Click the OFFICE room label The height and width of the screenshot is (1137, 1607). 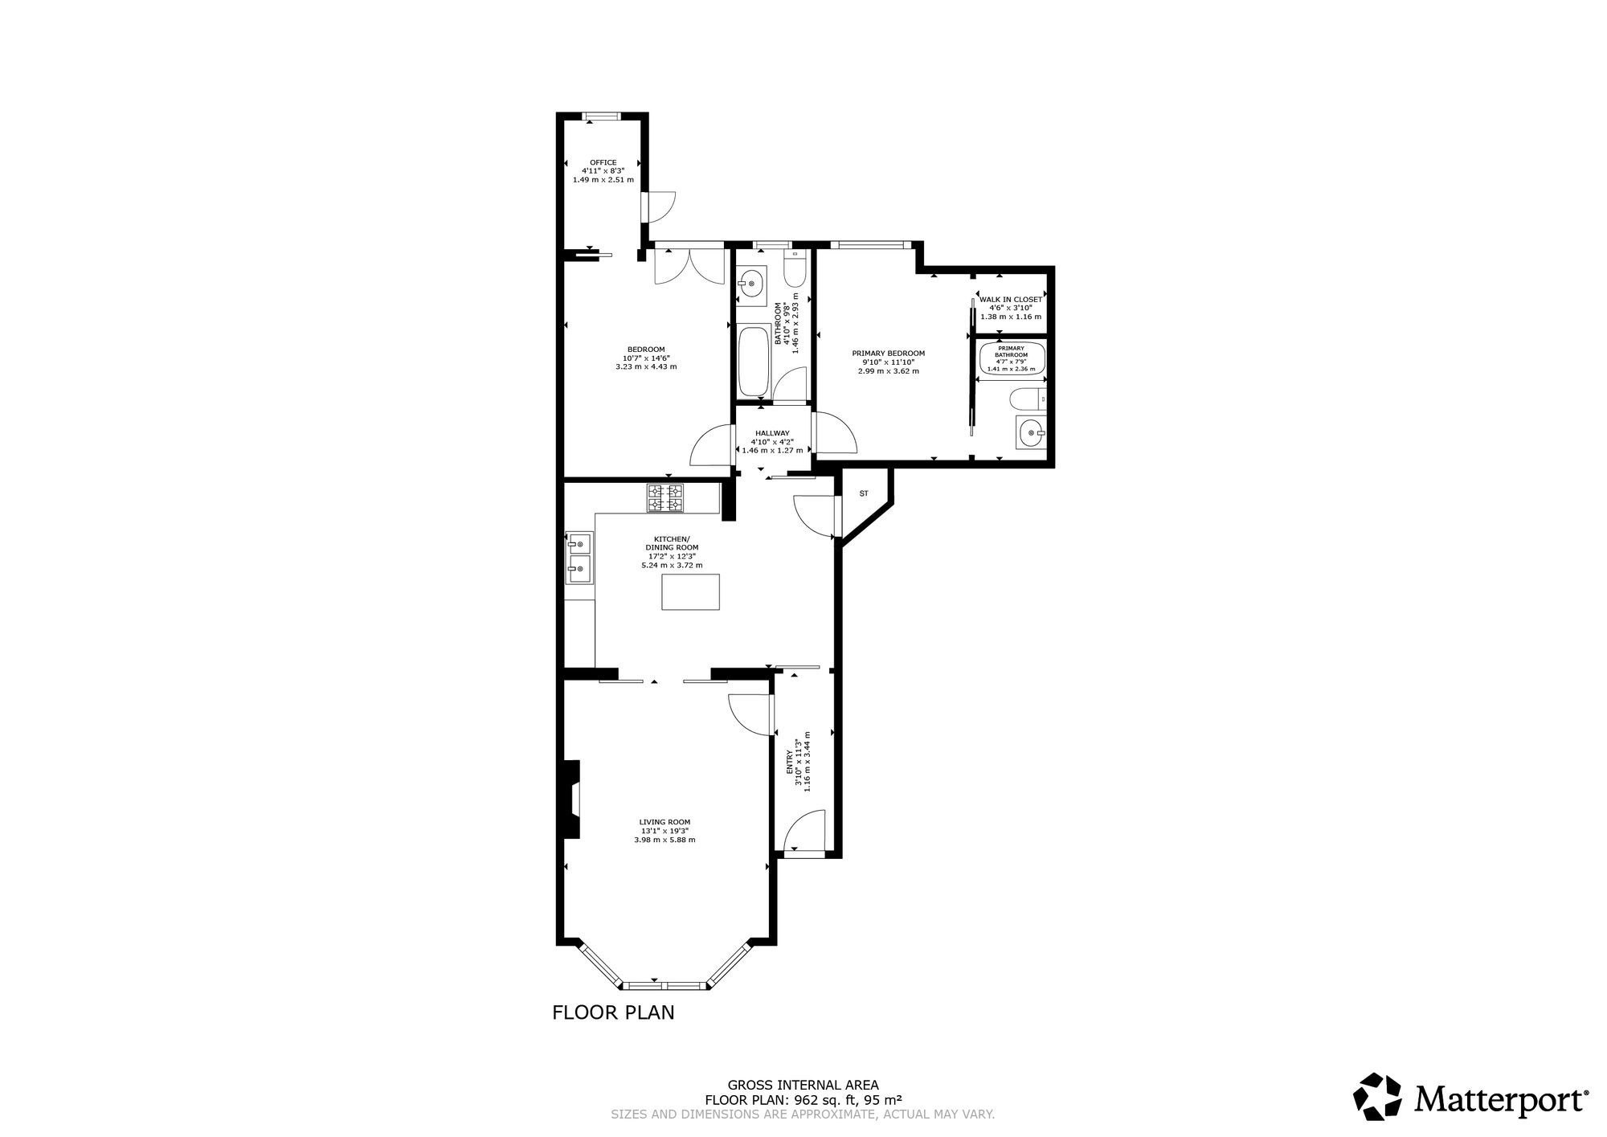click(x=603, y=162)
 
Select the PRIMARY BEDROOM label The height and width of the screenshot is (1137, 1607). click(x=889, y=353)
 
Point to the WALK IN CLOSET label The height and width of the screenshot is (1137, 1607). click(x=1011, y=299)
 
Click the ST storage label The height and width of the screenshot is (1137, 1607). click(x=865, y=493)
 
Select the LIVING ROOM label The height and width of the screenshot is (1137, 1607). click(x=664, y=822)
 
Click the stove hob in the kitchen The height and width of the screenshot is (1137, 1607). click(x=665, y=498)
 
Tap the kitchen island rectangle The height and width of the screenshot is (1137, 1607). click(x=691, y=592)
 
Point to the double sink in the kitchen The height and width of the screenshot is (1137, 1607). click(x=579, y=558)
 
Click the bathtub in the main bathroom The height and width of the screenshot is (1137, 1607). click(x=753, y=362)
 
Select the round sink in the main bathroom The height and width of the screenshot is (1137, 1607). click(x=751, y=283)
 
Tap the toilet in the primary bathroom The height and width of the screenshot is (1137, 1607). click(x=1028, y=397)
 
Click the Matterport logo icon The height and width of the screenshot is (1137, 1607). click(x=1378, y=1097)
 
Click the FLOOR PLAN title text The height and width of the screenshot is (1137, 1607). click(x=613, y=1012)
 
